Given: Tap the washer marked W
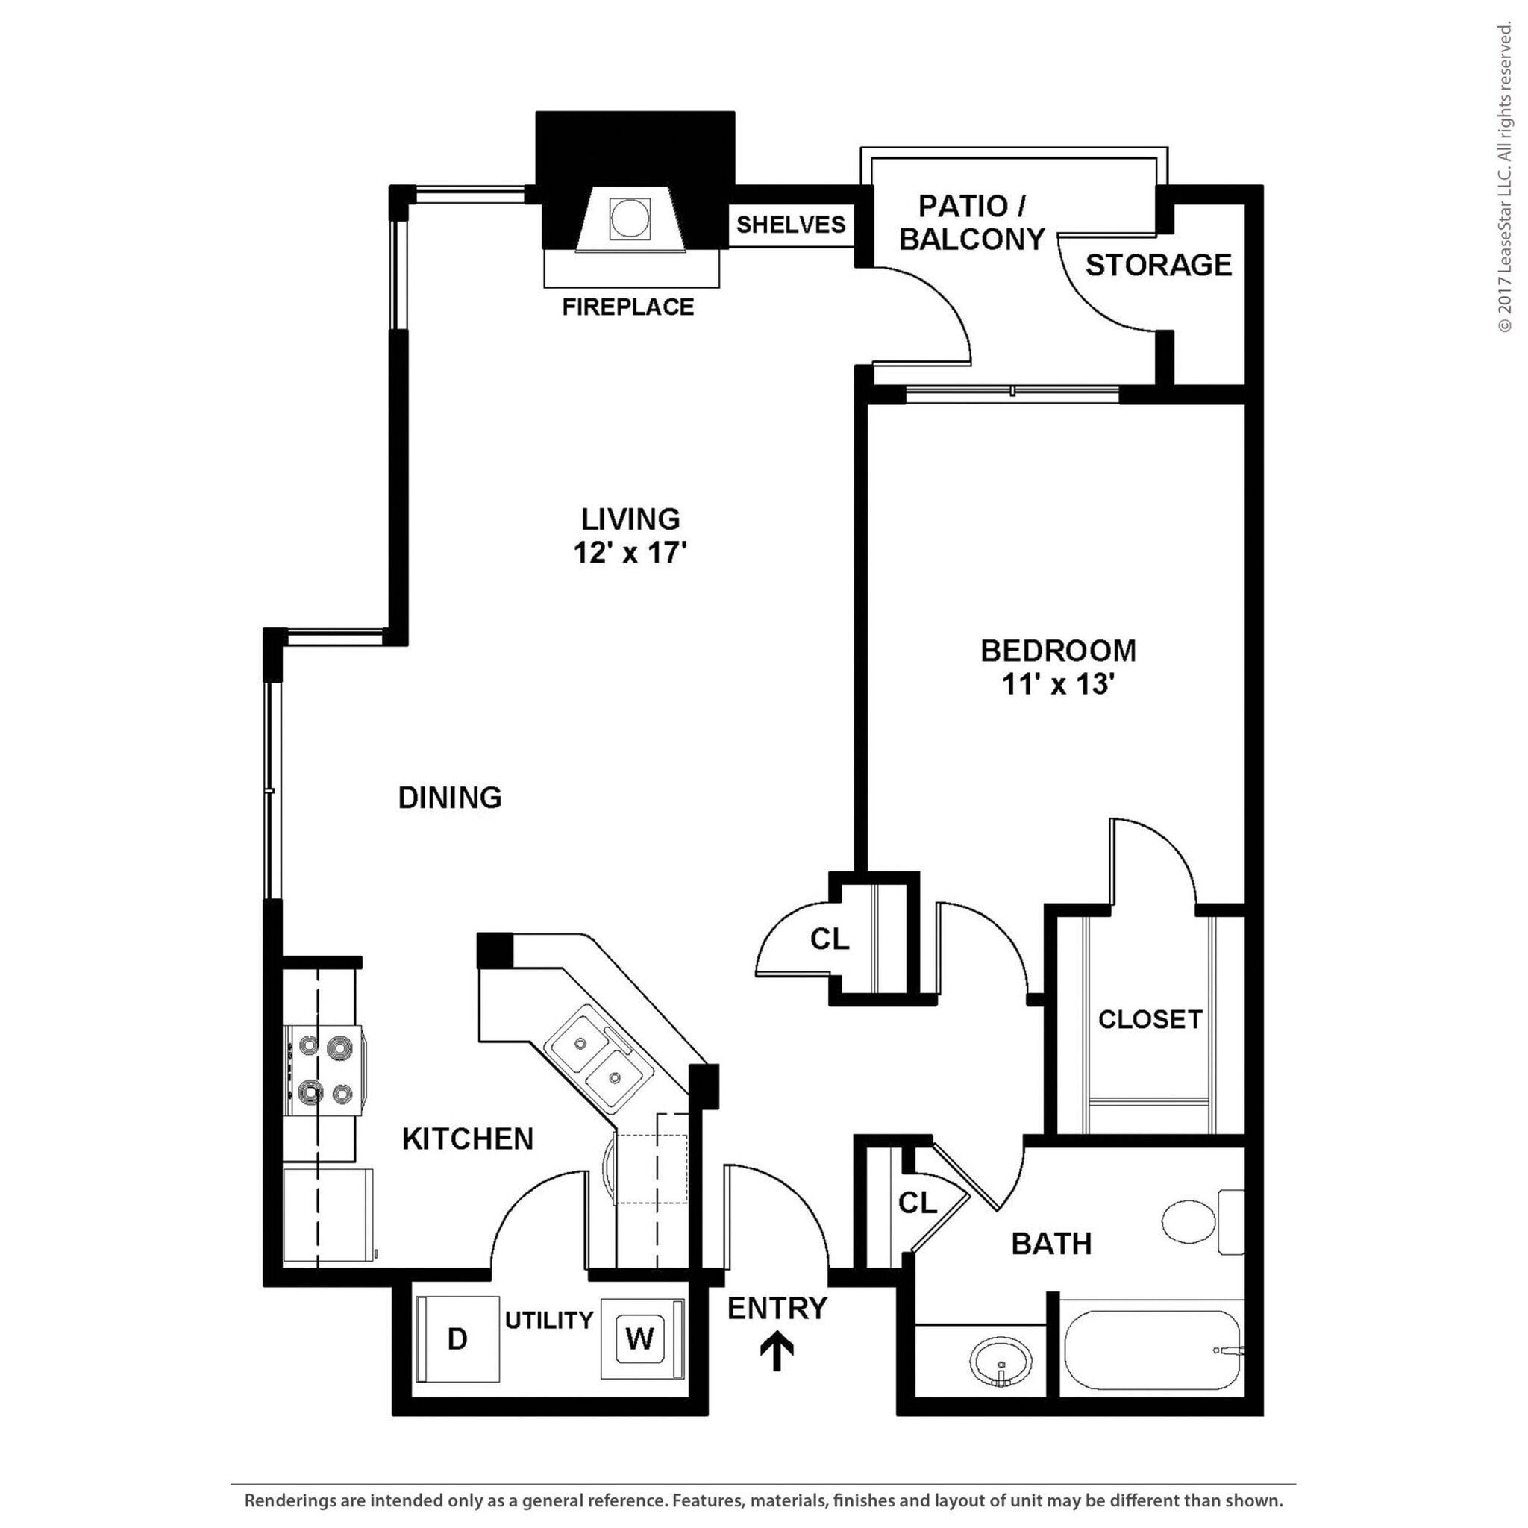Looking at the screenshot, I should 640,1338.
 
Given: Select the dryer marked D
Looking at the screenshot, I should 458,1338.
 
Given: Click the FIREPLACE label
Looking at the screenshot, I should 628,307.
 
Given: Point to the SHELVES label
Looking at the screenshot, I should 791,225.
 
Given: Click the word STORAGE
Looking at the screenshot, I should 1158,265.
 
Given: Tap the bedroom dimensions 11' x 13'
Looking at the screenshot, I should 1058,684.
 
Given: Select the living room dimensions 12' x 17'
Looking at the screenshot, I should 630,552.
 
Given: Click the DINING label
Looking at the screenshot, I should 450,798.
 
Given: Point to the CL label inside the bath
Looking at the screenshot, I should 918,1203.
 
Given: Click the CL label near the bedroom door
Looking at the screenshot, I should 829,939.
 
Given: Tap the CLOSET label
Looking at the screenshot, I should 1150,1019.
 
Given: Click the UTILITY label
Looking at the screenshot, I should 549,1320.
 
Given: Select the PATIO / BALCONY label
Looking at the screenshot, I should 972,222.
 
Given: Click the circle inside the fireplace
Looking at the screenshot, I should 630,218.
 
